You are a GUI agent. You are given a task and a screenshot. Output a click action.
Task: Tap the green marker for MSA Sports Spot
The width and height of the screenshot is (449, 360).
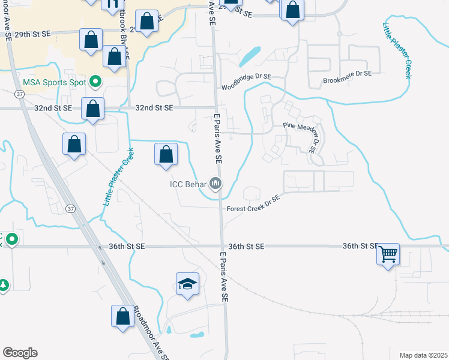(95, 81)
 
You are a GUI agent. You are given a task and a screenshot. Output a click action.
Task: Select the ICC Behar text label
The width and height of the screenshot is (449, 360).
(188, 184)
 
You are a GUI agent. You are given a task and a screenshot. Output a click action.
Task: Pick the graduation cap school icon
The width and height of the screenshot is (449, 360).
(187, 284)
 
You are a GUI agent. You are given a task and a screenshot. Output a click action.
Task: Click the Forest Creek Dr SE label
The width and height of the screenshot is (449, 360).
(253, 204)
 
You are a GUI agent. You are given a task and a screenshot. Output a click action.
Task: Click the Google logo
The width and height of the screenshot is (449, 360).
(20, 353)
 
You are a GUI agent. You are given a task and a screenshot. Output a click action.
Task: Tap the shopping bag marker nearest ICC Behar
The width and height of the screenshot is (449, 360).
(166, 154)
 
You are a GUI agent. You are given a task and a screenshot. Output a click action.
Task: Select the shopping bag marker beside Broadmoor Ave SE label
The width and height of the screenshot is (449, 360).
(122, 316)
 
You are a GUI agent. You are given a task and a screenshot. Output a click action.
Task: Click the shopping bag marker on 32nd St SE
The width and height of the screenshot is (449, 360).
(92, 109)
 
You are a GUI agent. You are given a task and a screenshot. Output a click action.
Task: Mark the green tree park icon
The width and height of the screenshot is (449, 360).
(3, 284)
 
